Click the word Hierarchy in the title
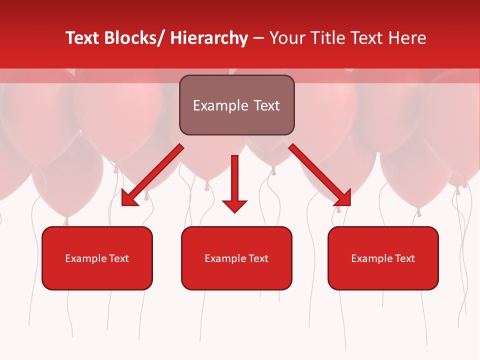coord(209,38)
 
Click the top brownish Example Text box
coord(236,105)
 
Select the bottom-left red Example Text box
coord(97,258)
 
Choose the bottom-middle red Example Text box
coord(236,258)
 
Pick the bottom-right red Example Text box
coord(383,258)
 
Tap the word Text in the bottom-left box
coord(119,258)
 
